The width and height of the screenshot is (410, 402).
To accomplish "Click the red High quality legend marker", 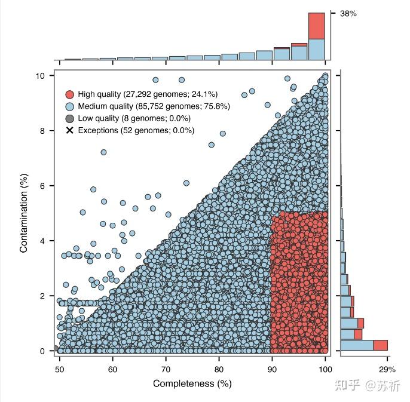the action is tap(70, 94).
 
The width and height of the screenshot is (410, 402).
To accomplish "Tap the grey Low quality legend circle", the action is tap(70, 119).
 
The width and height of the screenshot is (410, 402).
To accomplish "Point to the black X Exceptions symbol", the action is tap(70, 130).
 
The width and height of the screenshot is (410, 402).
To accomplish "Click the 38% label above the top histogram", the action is tap(348, 14).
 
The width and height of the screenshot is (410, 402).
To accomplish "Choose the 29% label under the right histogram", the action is tap(387, 369).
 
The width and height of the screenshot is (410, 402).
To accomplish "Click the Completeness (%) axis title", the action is tap(192, 383).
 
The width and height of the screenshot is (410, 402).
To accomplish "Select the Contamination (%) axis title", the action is tap(24, 213).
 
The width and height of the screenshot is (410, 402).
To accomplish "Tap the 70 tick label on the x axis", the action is tap(166, 369).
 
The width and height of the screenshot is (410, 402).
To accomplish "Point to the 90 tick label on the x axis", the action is tap(272, 369).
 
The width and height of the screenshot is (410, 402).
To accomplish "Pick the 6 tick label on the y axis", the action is tap(42, 186).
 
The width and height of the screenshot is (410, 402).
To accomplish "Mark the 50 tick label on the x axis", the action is tap(60, 369).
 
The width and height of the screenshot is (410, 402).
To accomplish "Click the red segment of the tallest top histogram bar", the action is tap(317, 26).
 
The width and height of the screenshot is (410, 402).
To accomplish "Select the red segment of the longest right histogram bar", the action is tap(380, 345).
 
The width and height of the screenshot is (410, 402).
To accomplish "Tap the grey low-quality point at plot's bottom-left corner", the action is tap(56, 348).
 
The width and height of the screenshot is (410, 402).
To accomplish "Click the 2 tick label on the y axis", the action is tap(42, 296).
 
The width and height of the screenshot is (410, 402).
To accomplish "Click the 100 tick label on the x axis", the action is tap(325, 369).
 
